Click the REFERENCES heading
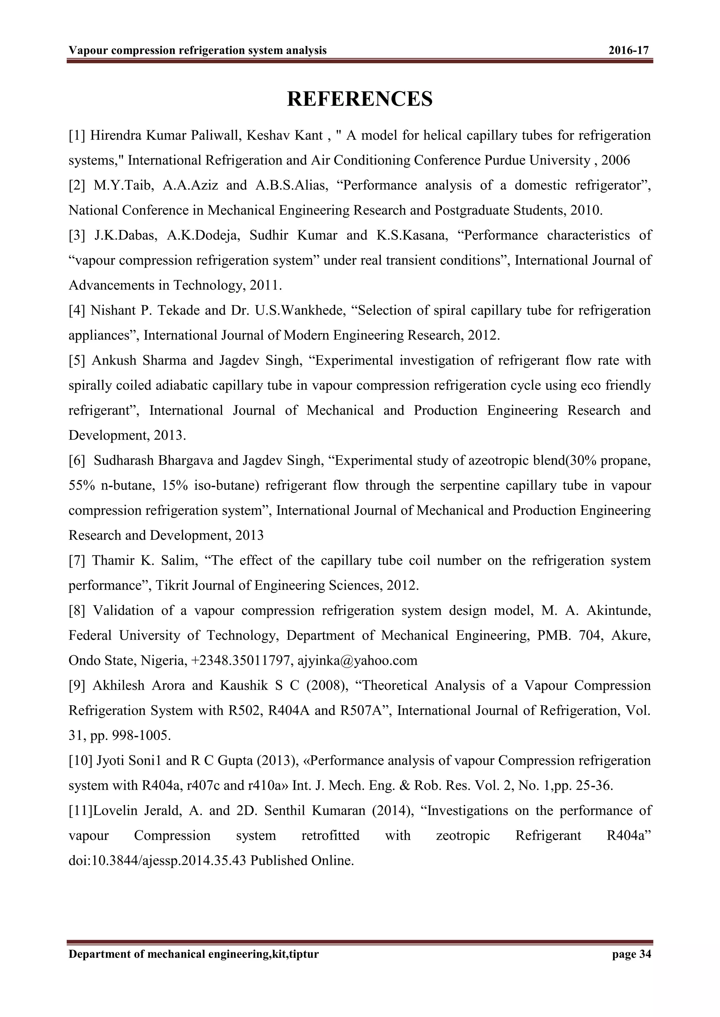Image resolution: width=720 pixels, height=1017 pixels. (x=360, y=98)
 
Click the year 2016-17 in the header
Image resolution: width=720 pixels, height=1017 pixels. (x=628, y=51)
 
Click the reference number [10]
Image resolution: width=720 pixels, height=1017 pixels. (x=80, y=761)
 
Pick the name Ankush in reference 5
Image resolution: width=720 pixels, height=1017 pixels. (x=114, y=360)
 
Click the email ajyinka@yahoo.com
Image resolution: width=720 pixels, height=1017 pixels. (x=357, y=661)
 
